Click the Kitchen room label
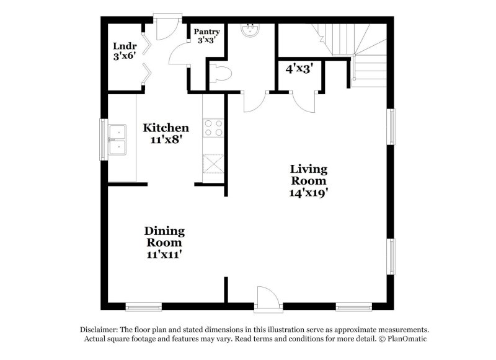(x=166, y=128)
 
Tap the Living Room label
(x=309, y=175)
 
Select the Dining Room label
(x=164, y=237)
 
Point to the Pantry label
(x=207, y=32)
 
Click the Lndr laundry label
(x=125, y=46)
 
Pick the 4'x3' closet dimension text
(x=299, y=69)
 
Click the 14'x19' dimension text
(x=308, y=193)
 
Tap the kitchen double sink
(x=117, y=139)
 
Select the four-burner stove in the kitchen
(x=213, y=128)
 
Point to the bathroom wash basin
(x=251, y=30)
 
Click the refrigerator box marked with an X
(x=213, y=164)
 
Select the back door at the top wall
(x=167, y=28)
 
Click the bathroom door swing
(x=255, y=102)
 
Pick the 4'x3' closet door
(x=304, y=102)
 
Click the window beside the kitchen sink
(x=104, y=139)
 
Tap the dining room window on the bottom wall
(x=144, y=307)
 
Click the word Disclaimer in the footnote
(x=99, y=330)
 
